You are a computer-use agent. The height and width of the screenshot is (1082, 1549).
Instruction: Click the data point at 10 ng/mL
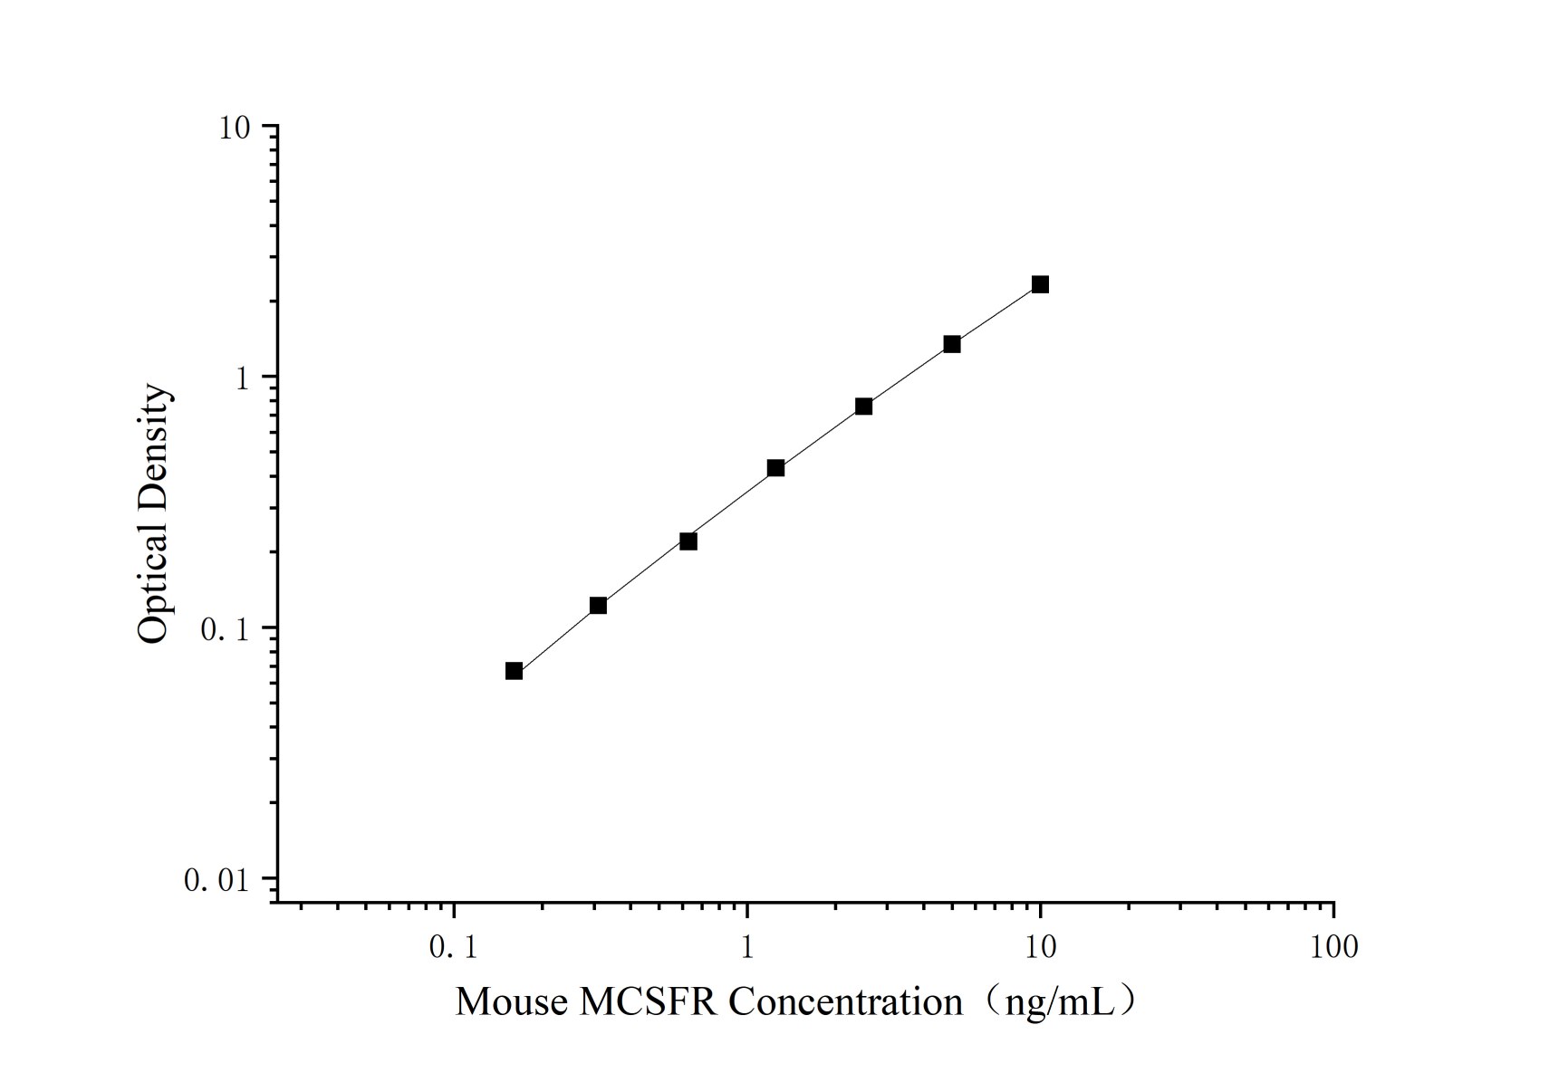[1040, 284]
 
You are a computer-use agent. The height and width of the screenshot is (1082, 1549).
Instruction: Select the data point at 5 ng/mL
[952, 344]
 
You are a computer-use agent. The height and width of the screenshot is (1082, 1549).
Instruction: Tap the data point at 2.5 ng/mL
[863, 406]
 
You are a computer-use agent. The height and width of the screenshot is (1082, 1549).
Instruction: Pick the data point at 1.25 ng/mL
[775, 468]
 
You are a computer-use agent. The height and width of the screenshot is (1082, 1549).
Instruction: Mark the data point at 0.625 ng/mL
[688, 541]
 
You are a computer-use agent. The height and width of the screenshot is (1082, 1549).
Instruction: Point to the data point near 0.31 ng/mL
[598, 605]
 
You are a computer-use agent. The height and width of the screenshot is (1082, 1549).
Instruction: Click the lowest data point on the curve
[514, 671]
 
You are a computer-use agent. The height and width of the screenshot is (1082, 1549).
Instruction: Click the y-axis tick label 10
[233, 129]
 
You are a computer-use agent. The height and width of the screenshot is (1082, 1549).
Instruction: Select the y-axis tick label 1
[242, 378]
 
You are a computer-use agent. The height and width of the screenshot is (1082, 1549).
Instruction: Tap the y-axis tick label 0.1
[224, 629]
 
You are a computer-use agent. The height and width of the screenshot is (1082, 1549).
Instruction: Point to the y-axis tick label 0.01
[216, 879]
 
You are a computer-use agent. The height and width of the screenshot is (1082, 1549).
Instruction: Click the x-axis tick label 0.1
[453, 948]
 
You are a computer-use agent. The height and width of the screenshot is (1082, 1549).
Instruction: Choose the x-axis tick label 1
[747, 948]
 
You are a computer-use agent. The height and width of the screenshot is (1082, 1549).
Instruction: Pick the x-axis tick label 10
[1040, 948]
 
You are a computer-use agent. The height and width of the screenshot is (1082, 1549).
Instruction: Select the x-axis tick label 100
[1333, 948]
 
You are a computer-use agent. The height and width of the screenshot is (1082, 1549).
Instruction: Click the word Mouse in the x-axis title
[512, 1002]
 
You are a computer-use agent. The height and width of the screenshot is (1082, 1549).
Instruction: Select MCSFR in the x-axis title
[648, 1002]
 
